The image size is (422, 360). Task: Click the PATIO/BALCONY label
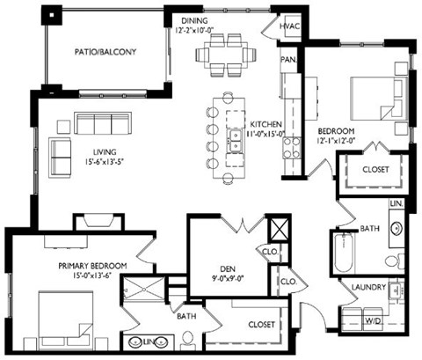click(x=105, y=52)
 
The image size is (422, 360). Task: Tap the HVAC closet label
click(x=289, y=26)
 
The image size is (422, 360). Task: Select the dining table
click(x=226, y=55)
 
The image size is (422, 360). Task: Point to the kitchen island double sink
click(x=235, y=141)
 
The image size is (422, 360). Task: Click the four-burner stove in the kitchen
click(x=292, y=148)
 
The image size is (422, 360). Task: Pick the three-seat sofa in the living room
click(x=103, y=122)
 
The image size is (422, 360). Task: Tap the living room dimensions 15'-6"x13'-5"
click(x=105, y=162)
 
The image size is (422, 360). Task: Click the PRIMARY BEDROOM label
click(x=92, y=266)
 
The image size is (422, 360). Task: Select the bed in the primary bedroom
click(x=66, y=319)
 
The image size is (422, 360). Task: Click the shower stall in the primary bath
click(x=144, y=289)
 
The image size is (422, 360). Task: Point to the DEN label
click(x=228, y=268)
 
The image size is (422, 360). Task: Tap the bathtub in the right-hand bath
click(x=344, y=253)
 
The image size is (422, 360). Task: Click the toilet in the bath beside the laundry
click(x=395, y=261)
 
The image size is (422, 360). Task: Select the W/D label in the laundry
click(x=373, y=320)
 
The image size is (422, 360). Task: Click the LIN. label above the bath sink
click(x=397, y=203)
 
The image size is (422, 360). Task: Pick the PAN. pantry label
click(x=288, y=60)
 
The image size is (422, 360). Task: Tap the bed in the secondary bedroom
click(x=379, y=99)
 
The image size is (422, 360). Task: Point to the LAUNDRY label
click(x=368, y=287)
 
